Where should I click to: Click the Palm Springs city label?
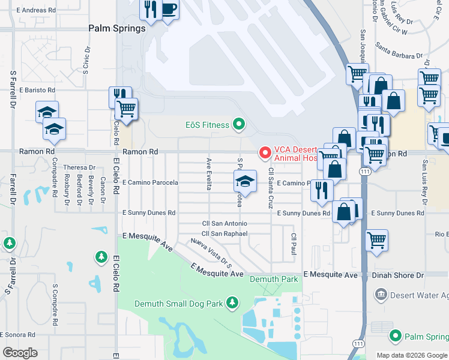point(117,28)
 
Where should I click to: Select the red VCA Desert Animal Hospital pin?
point(264,154)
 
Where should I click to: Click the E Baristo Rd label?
point(37,90)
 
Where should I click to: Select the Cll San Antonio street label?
point(224,224)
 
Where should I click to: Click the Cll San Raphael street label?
point(224,234)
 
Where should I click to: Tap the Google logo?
point(20,352)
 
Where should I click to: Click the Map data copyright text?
point(412,355)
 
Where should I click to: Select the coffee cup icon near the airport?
point(169,10)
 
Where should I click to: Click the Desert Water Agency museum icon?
point(381,295)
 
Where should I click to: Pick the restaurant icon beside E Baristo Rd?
point(118,96)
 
